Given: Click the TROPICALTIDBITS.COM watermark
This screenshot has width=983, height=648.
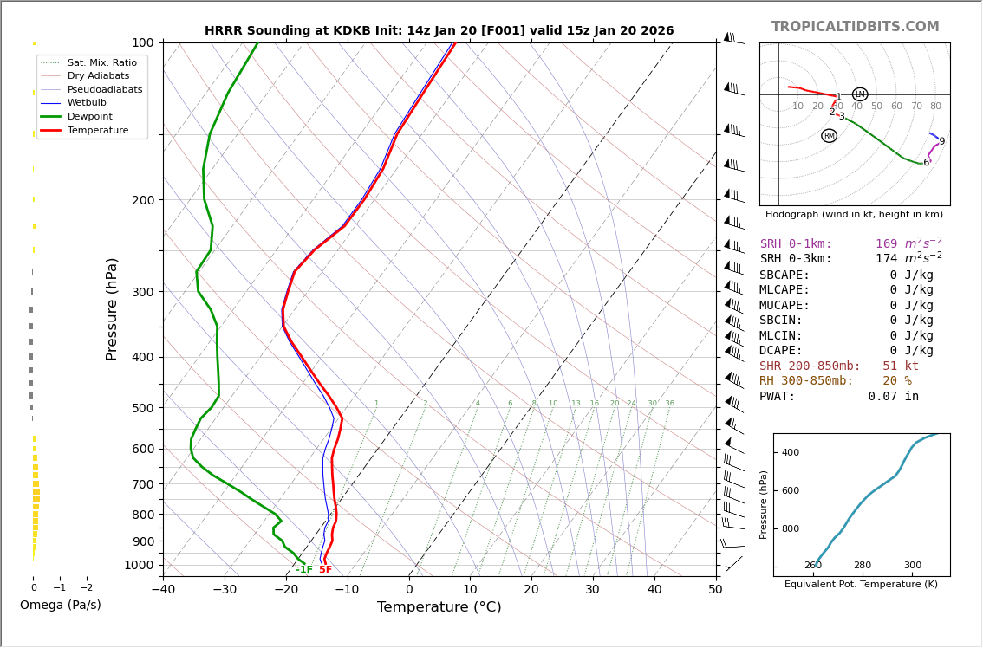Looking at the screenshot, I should point(855,27).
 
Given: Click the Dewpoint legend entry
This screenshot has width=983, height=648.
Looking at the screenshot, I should point(89,116).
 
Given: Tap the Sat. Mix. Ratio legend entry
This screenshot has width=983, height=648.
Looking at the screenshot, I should point(101,63).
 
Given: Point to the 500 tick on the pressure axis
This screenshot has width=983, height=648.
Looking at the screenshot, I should point(143,408).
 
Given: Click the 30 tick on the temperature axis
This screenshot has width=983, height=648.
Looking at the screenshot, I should point(593,590).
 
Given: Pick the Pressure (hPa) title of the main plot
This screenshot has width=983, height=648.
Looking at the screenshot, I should point(112,308).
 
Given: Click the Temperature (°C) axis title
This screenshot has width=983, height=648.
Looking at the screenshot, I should point(439,607).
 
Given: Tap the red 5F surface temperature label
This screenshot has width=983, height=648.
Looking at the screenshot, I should point(325,570).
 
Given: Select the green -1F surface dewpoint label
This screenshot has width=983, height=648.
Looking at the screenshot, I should point(303,570).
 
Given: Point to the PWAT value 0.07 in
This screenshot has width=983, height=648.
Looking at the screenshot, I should point(893,397).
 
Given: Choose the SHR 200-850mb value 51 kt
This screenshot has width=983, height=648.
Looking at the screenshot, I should point(901,366).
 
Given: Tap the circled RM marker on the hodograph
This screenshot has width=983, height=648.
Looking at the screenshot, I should point(830,136).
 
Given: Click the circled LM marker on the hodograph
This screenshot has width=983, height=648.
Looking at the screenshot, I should point(860,94).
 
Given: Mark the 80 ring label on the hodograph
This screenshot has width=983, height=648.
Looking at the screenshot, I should point(935,107).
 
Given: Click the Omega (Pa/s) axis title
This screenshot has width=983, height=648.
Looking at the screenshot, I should point(61,606).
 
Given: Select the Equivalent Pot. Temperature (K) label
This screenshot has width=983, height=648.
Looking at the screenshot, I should point(862,585).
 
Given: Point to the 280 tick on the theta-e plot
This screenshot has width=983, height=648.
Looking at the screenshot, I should point(863,566).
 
